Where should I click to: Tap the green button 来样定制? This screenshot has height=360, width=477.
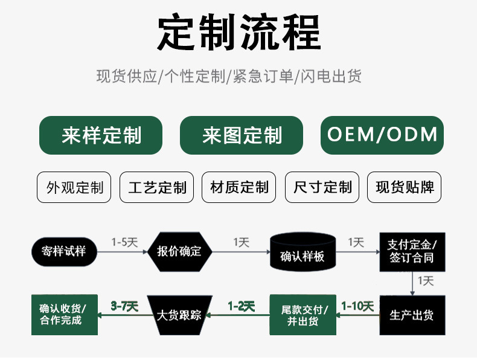coord(101,135)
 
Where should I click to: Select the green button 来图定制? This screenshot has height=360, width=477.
coord(242,135)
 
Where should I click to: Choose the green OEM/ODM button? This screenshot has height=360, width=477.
coord(382,134)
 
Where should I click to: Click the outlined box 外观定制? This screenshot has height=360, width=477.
coord(75,187)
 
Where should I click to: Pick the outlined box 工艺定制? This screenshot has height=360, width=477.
coord(157,187)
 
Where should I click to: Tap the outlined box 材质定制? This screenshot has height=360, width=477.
coord(239,187)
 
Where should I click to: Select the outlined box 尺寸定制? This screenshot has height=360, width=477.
coord(322,187)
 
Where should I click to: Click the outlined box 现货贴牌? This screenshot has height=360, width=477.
coord(404,187)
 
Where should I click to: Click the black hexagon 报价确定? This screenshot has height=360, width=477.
coord(179,251)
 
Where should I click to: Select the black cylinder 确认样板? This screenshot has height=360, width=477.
coord(303,254)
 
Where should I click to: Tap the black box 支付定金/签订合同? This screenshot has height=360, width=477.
coord(412,252)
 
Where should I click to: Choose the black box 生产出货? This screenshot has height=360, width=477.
coord(412,315)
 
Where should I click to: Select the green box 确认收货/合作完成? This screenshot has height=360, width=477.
coord(63,315)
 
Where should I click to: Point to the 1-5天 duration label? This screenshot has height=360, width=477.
coord(124,242)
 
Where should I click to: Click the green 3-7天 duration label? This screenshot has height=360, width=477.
coord(124,306)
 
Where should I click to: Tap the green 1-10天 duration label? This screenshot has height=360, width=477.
coord(357,306)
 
